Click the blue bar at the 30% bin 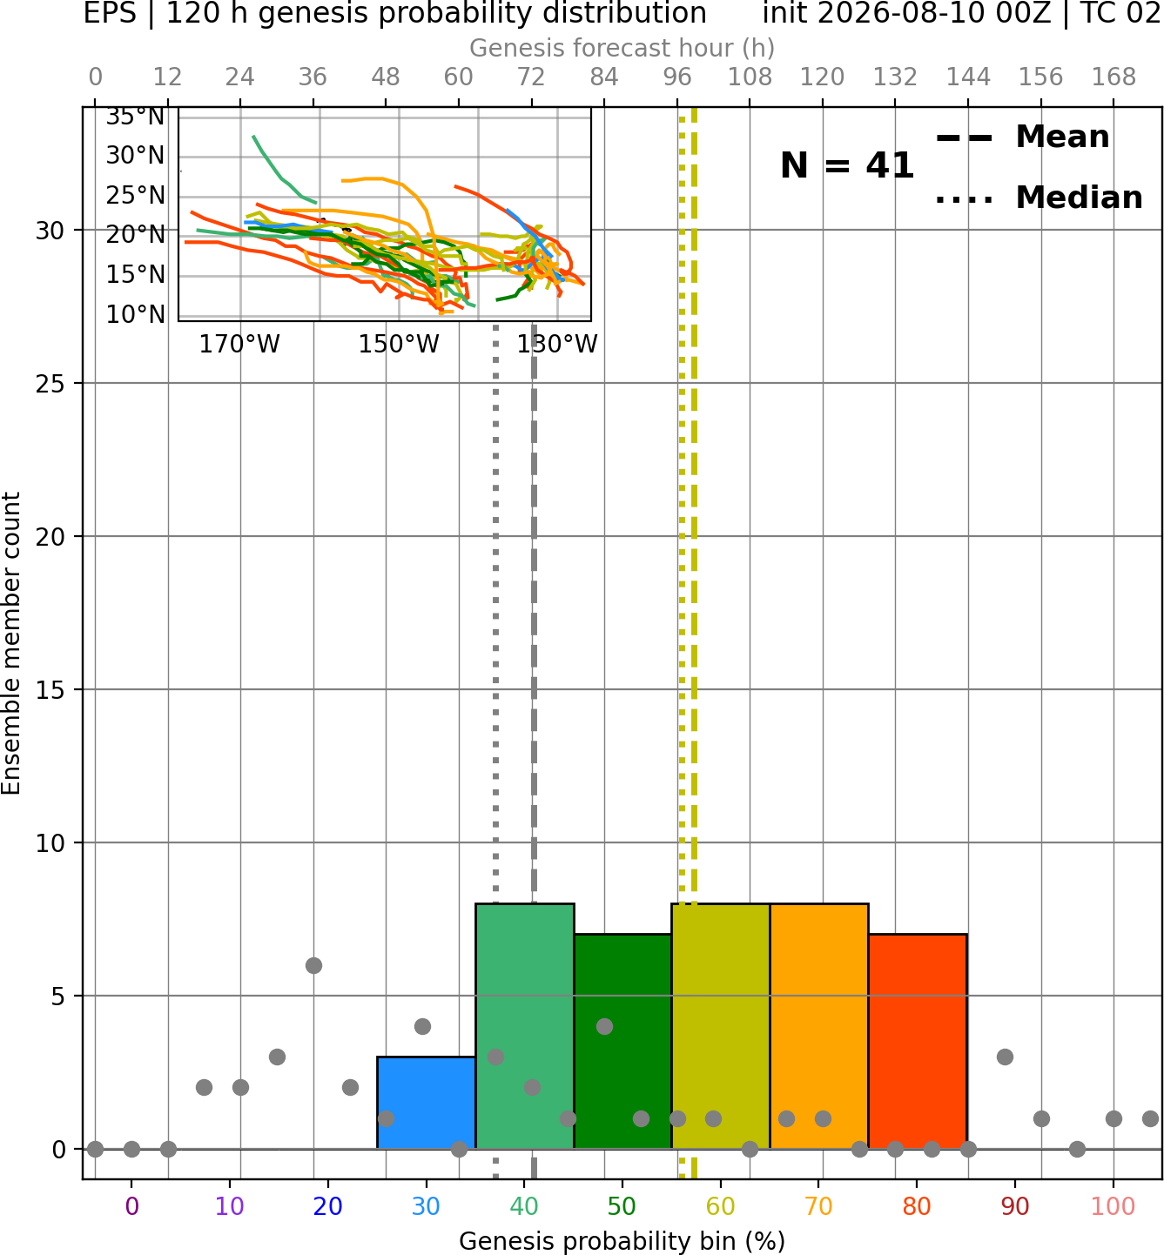426,1103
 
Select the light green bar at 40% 525,1026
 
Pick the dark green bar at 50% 622,1042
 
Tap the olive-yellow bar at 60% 721,1026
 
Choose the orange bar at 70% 819,1026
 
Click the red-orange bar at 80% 918,1042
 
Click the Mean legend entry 1022,138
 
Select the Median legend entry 1039,198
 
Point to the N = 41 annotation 847,165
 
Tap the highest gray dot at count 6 313,965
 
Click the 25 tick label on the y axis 50,384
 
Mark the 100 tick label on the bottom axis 1114,1206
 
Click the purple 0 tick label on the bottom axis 131,1206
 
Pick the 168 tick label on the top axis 1114,77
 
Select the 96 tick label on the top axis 677,77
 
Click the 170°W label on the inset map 239,345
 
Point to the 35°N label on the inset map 135,117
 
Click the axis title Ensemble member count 11,643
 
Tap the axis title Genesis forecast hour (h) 622,48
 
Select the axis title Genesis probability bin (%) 622,1241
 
